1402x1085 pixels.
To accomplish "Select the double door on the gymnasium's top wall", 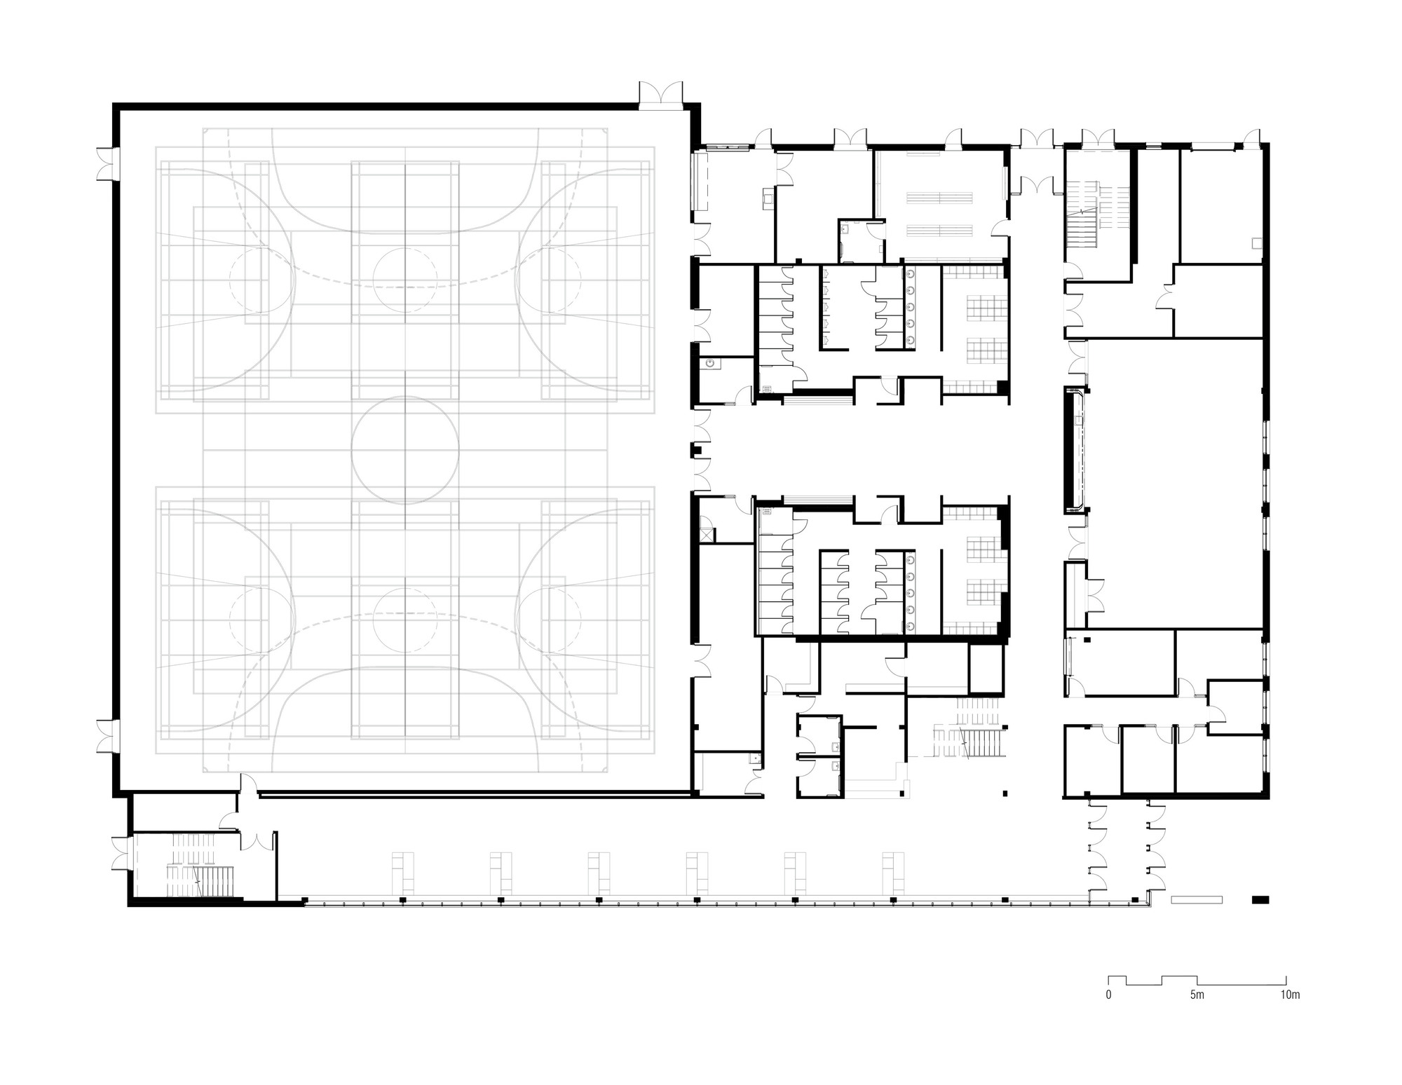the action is (660, 94).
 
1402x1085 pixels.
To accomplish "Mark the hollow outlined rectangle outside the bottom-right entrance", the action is (1197, 899).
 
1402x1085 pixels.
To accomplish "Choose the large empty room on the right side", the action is (1175, 484).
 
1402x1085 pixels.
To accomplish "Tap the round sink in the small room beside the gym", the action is (711, 364).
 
